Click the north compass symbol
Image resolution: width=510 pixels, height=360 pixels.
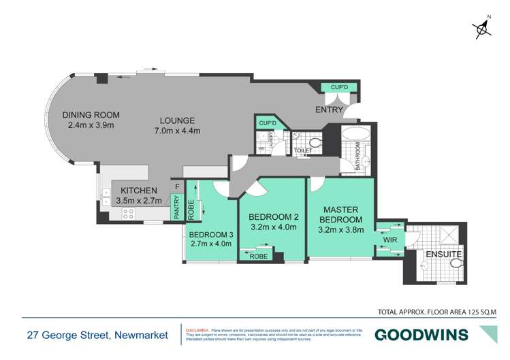(x=483, y=27)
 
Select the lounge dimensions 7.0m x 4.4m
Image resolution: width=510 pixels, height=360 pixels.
(x=174, y=131)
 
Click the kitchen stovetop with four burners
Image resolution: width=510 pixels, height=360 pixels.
(x=128, y=214)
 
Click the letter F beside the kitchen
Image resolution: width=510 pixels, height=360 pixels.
(x=177, y=186)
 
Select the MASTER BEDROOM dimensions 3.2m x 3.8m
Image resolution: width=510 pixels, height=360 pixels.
(x=340, y=229)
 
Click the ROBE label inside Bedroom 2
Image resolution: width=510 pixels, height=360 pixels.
(x=258, y=258)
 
